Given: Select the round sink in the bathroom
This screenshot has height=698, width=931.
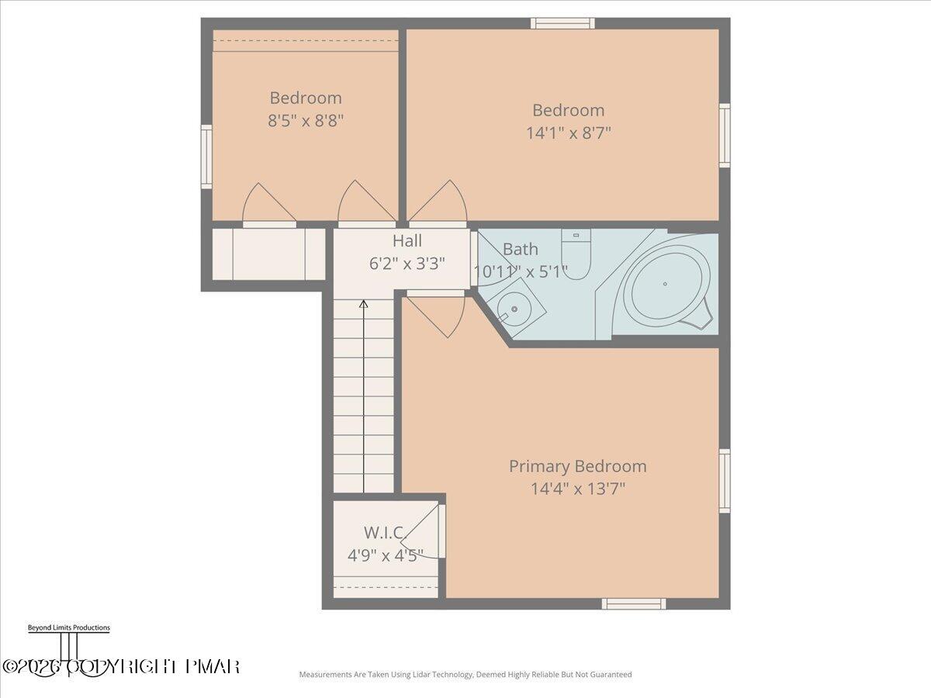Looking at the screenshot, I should click(x=514, y=309).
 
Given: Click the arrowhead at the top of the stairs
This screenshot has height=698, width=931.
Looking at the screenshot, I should click(x=363, y=304).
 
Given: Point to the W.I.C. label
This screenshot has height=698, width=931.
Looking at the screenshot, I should click(x=385, y=533).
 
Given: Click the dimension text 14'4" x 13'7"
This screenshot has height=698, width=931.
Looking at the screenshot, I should click(x=577, y=489).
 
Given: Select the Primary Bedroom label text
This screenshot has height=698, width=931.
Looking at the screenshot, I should click(x=577, y=466).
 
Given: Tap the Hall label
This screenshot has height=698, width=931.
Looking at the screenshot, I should click(x=407, y=240).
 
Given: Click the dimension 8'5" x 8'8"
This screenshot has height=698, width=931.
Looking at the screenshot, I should click(x=306, y=120).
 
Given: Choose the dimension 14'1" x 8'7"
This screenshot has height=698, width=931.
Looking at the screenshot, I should click(x=569, y=133).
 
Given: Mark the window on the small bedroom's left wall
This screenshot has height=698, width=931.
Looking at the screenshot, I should click(x=206, y=157).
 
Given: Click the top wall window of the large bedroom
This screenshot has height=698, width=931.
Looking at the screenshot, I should click(x=562, y=23).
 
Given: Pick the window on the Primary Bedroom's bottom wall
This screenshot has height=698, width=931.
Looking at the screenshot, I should click(x=634, y=603).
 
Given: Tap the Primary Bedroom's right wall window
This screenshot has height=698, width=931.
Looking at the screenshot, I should click(x=725, y=481).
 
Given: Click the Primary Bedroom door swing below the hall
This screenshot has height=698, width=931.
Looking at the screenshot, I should click(x=436, y=314).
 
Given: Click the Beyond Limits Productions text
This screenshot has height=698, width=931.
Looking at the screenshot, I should click(x=68, y=627).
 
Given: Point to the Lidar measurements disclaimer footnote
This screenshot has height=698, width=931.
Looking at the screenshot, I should click(x=465, y=675).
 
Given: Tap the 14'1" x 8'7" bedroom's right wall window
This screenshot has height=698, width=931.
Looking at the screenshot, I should click(x=725, y=136).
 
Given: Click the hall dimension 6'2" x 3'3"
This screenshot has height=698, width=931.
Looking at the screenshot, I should click(x=407, y=263).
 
